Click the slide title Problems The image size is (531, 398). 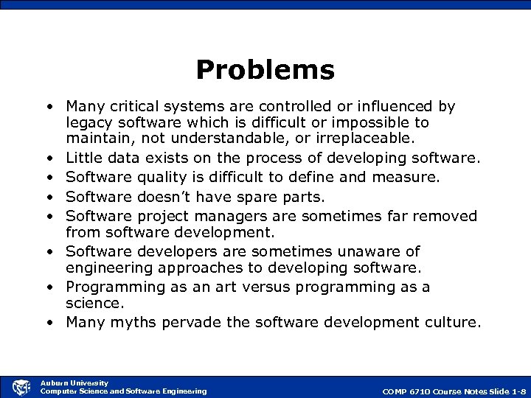265,70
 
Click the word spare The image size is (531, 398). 253,197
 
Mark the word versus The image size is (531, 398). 249,287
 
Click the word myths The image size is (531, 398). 128,322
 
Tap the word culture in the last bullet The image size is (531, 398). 451,322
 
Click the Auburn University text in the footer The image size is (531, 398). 74,383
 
